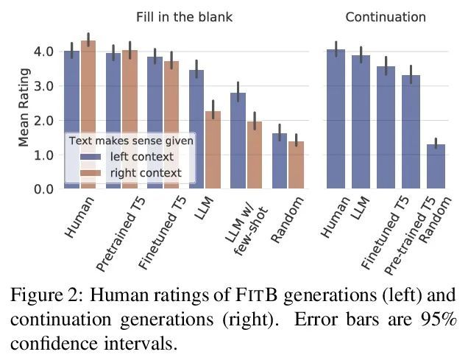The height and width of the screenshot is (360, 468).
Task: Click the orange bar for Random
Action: coord(295,166)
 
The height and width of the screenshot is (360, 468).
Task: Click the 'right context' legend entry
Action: coord(145,173)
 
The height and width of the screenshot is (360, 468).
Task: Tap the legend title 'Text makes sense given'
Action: coord(130,140)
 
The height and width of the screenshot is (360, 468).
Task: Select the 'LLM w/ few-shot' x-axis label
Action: coord(245,234)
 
